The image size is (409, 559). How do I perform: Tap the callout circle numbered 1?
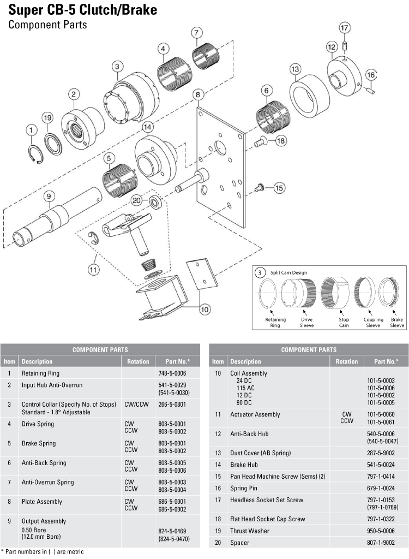32,129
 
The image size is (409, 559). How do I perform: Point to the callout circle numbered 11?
94,268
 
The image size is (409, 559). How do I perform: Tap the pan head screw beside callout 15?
260,188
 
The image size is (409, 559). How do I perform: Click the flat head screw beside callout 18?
261,141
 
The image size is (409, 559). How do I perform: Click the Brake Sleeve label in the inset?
396,322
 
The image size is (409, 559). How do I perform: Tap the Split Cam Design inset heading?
288,272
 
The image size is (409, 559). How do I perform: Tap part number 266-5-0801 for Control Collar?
172,405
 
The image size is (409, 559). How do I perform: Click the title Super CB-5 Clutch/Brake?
83,10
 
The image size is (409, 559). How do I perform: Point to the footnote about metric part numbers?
42,552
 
